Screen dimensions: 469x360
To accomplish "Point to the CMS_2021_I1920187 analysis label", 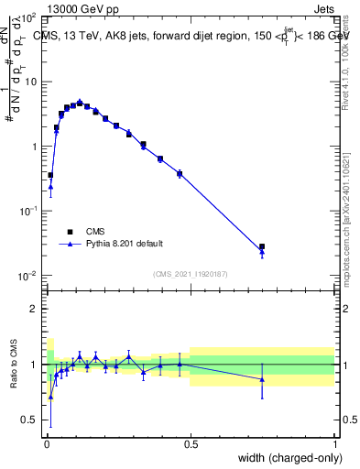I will coord(190,274).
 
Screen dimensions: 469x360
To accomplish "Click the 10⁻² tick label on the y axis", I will coord(28,276).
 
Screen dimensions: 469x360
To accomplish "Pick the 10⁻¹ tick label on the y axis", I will coord(28,211).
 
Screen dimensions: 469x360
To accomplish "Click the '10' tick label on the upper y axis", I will coord(30,82).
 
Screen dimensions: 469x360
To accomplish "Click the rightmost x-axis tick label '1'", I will coord(334,443).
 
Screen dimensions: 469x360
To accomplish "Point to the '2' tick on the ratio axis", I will coord(34,309).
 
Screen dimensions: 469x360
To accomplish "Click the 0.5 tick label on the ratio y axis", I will coord(29,420).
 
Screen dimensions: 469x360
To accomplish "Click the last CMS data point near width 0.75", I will coord(262,246).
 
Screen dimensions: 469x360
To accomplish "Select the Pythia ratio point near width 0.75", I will coord(262,379).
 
